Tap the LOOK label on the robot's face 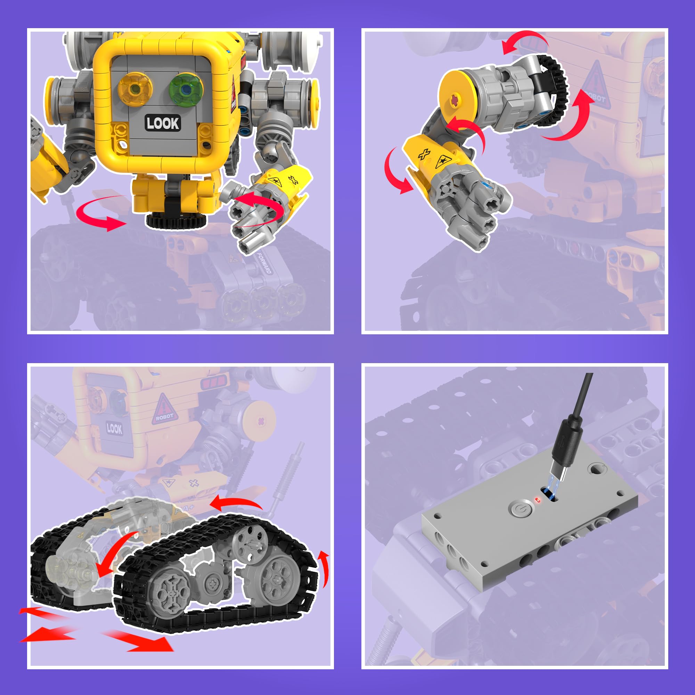[x=163, y=123]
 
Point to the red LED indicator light [x=538, y=500]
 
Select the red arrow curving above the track [x=238, y=504]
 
